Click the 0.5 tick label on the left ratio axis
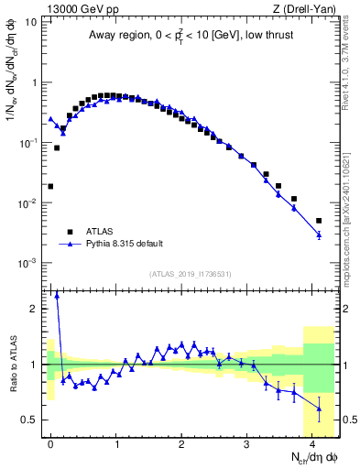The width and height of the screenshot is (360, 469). [x=30, y=420]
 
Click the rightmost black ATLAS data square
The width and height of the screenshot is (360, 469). [x=319, y=221]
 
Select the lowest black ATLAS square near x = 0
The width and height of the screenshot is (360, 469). [x=50, y=186]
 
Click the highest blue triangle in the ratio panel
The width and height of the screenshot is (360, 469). [x=57, y=295]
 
